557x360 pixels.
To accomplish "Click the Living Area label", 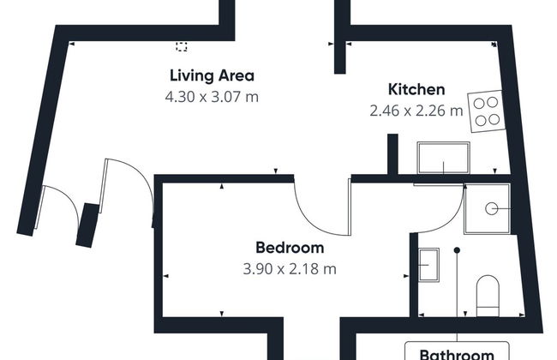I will (x=212, y=75).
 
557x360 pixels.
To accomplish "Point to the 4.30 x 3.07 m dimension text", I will (x=212, y=96).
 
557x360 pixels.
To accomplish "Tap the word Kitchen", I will (x=416, y=89).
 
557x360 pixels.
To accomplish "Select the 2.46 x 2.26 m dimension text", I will (x=416, y=110).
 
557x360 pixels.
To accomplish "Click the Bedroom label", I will (x=290, y=248).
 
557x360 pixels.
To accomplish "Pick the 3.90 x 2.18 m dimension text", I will (x=290, y=268).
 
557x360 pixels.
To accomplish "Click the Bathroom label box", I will (x=457, y=351).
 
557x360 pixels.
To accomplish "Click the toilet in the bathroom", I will (x=488, y=292).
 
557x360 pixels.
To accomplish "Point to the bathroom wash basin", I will (x=428, y=262).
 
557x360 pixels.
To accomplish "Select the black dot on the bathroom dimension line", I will (x=458, y=250).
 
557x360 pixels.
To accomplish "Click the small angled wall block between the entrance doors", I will (x=88, y=225).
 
